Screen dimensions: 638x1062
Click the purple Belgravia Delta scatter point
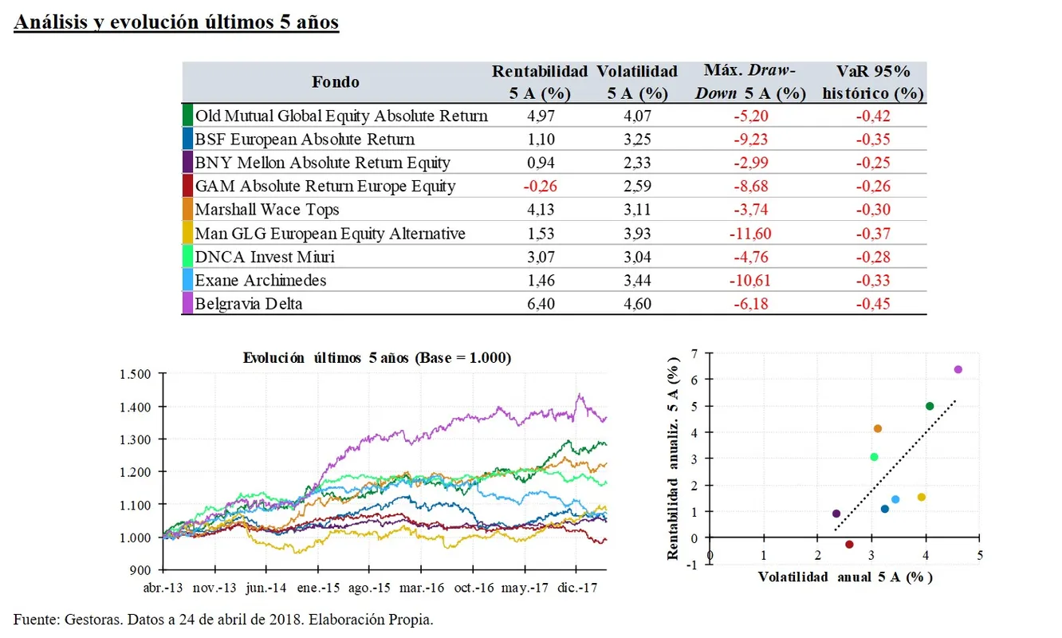[958, 369]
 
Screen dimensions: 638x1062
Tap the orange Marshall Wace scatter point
[878, 428]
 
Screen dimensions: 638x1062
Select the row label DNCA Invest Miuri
[254, 257]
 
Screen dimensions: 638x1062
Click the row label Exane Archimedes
[261, 280]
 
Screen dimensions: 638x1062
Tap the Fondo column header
[335, 82]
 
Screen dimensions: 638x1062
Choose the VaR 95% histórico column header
[873, 82]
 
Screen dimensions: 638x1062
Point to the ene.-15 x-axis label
[317, 588]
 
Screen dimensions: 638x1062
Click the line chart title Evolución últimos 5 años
[376, 358]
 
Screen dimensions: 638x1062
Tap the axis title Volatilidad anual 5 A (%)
[844, 577]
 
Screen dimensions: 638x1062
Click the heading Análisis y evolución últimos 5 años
[176, 22]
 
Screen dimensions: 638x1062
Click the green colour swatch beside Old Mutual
[187, 116]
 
